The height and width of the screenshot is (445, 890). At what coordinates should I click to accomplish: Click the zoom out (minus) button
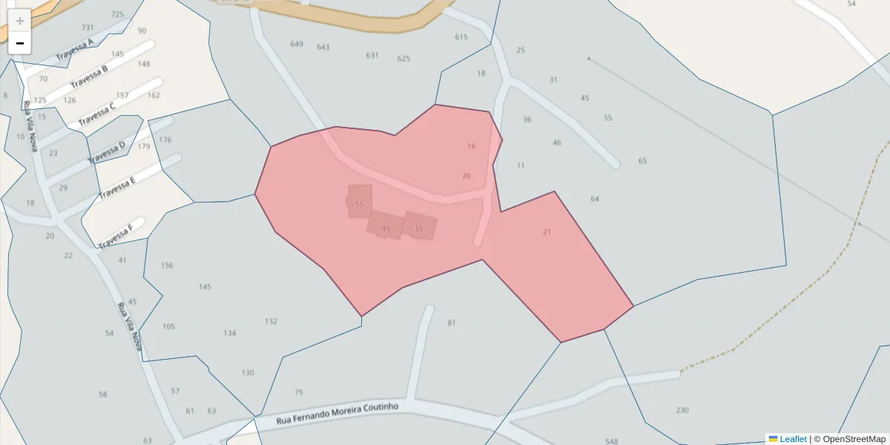tap(20, 43)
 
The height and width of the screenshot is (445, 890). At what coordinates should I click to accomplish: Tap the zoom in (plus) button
tap(20, 21)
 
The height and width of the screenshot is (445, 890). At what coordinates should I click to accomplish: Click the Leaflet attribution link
tap(793, 439)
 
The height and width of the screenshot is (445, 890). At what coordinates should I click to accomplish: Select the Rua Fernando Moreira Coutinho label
tap(337, 414)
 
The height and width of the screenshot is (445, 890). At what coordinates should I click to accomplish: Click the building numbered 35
tap(419, 228)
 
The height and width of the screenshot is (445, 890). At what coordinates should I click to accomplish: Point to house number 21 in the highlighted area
tap(547, 231)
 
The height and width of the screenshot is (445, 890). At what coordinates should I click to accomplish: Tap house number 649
tap(297, 44)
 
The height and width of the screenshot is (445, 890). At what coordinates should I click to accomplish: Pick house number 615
tap(461, 37)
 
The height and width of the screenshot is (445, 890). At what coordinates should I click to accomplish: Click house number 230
tap(682, 410)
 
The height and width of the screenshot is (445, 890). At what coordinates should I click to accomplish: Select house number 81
tap(452, 323)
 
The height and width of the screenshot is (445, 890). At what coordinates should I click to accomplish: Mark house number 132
tap(271, 321)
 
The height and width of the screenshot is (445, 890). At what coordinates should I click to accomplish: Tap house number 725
tap(117, 14)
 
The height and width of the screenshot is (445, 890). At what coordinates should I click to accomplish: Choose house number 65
tap(642, 161)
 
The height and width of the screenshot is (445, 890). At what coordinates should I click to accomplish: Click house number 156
tap(167, 266)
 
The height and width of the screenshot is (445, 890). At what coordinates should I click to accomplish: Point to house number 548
tap(611, 441)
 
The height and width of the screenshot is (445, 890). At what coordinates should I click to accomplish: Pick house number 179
tap(144, 147)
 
